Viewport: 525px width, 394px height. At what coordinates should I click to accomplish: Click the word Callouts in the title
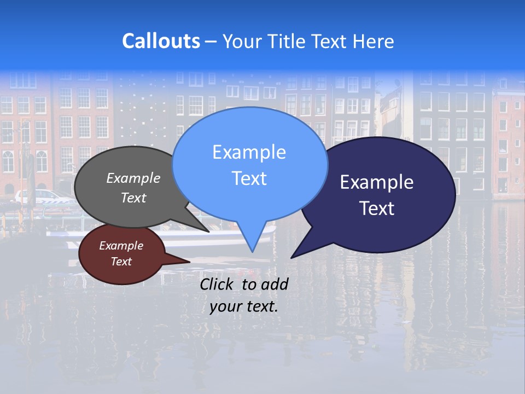(x=161, y=41)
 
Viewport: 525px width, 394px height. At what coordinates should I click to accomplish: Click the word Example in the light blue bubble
(x=249, y=152)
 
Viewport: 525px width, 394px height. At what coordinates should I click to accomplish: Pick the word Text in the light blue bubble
(x=249, y=178)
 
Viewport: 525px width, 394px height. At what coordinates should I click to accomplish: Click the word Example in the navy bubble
(x=377, y=182)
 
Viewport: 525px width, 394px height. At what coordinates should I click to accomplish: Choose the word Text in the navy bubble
(x=377, y=208)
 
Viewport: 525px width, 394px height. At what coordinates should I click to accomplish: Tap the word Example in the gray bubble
(x=133, y=178)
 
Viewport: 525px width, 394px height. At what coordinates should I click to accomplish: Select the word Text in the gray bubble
(x=133, y=198)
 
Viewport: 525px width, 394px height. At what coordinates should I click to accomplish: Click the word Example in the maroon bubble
(x=121, y=246)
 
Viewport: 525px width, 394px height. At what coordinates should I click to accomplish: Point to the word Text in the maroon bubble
(x=121, y=262)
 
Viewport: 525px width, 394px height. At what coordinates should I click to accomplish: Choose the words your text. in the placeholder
(x=244, y=306)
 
